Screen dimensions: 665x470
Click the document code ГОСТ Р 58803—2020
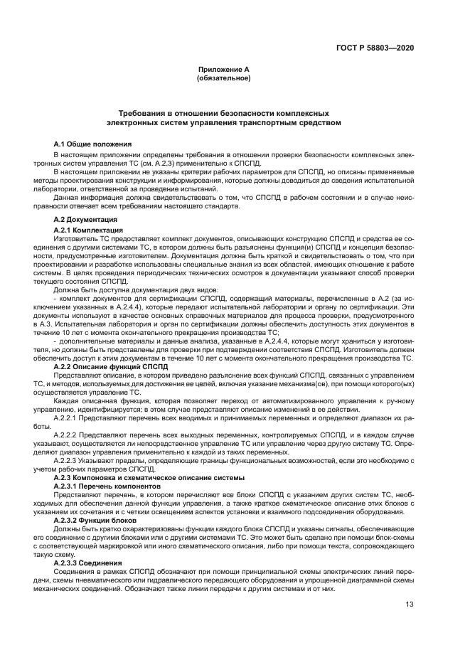(x=376, y=48)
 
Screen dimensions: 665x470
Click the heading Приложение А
(x=223, y=69)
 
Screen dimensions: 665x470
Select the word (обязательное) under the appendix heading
(x=223, y=78)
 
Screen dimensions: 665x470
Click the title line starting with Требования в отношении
(x=223, y=113)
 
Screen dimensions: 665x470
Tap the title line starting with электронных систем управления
(x=223, y=122)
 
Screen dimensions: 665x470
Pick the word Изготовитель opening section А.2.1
(x=75, y=238)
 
